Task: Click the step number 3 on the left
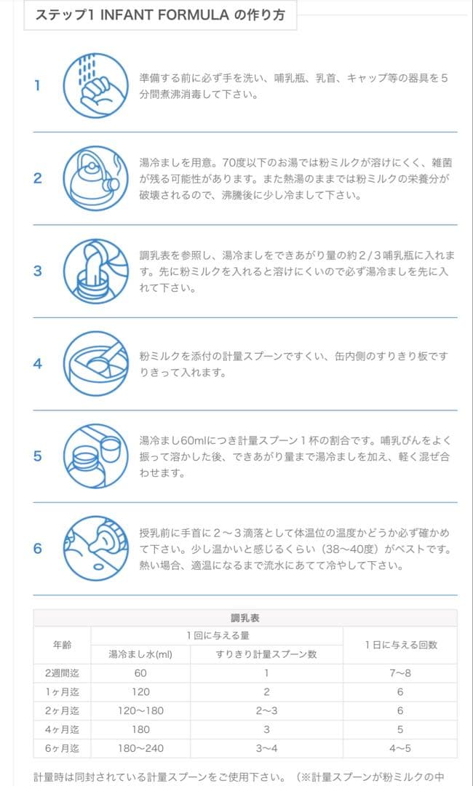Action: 38,271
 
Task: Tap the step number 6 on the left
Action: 38,548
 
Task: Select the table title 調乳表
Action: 245,618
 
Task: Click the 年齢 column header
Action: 62,645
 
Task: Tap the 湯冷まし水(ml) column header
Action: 140,654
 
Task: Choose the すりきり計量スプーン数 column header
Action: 266,654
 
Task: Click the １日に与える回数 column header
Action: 400,645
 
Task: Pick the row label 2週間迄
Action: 62,673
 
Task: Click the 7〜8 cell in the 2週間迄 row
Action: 400,673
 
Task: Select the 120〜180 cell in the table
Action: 140,710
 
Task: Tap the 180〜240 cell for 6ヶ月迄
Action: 140,747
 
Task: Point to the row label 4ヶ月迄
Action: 62,729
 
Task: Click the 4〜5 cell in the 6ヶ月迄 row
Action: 400,747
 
